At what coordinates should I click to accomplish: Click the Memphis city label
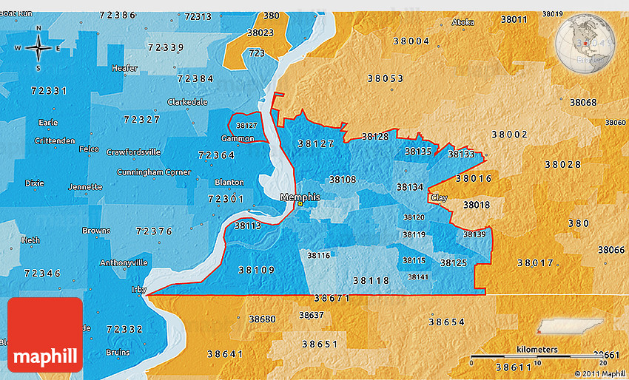coord(300,197)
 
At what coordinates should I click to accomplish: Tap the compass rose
coord(38,48)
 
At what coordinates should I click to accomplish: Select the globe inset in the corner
coord(588,44)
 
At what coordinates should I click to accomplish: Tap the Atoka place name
coord(462,22)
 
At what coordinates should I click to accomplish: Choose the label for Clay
coord(439,198)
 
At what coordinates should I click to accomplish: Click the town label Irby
coord(139,289)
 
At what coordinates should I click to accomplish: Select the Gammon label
coord(238,138)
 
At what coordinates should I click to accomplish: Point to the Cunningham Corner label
coord(153,172)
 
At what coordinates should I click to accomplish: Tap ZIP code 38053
coord(385,78)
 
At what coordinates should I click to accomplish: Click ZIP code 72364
coord(217,155)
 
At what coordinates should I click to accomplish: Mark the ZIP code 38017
coord(535,262)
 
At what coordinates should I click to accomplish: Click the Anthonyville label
coord(124,262)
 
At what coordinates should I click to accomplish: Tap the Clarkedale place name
coord(187,102)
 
